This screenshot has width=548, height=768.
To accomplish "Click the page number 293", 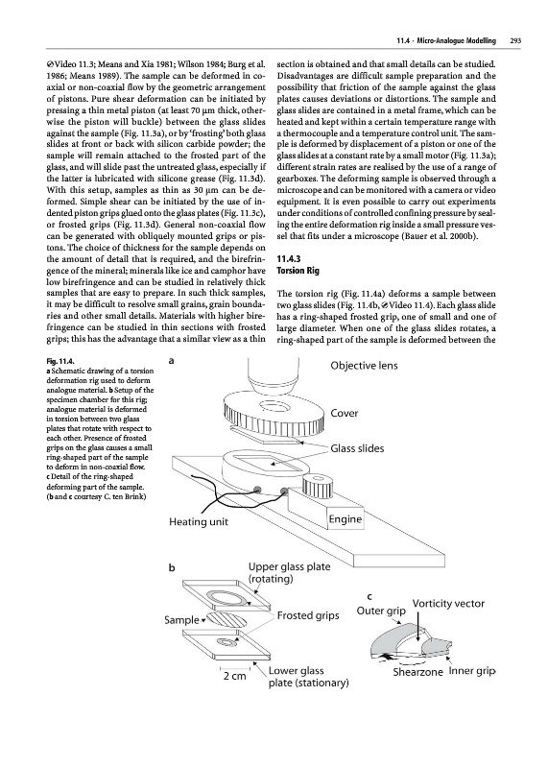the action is [x=514, y=41].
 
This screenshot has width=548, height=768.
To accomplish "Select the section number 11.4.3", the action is [x=289, y=259].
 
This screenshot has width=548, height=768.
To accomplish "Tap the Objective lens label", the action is [x=364, y=366].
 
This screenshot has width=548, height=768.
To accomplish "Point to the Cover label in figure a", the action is [x=345, y=413].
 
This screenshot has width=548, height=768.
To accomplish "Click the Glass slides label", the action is [x=357, y=448].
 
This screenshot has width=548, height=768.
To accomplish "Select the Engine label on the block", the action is [x=345, y=519].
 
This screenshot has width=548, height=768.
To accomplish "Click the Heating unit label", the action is [x=199, y=522].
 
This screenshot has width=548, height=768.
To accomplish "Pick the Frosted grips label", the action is [x=308, y=615].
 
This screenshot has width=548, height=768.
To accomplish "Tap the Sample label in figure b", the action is [x=181, y=620].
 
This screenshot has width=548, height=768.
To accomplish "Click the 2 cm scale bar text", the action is [x=234, y=676].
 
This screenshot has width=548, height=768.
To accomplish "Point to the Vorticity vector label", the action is [x=448, y=604].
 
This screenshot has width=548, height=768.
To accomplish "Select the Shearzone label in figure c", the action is [x=417, y=672].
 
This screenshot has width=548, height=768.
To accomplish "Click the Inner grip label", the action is [x=472, y=671].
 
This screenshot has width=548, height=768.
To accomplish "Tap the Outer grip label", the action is [x=381, y=611].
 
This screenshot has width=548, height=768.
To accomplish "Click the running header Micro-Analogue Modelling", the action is [x=457, y=41].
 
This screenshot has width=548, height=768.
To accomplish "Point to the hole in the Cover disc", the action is [x=272, y=405].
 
